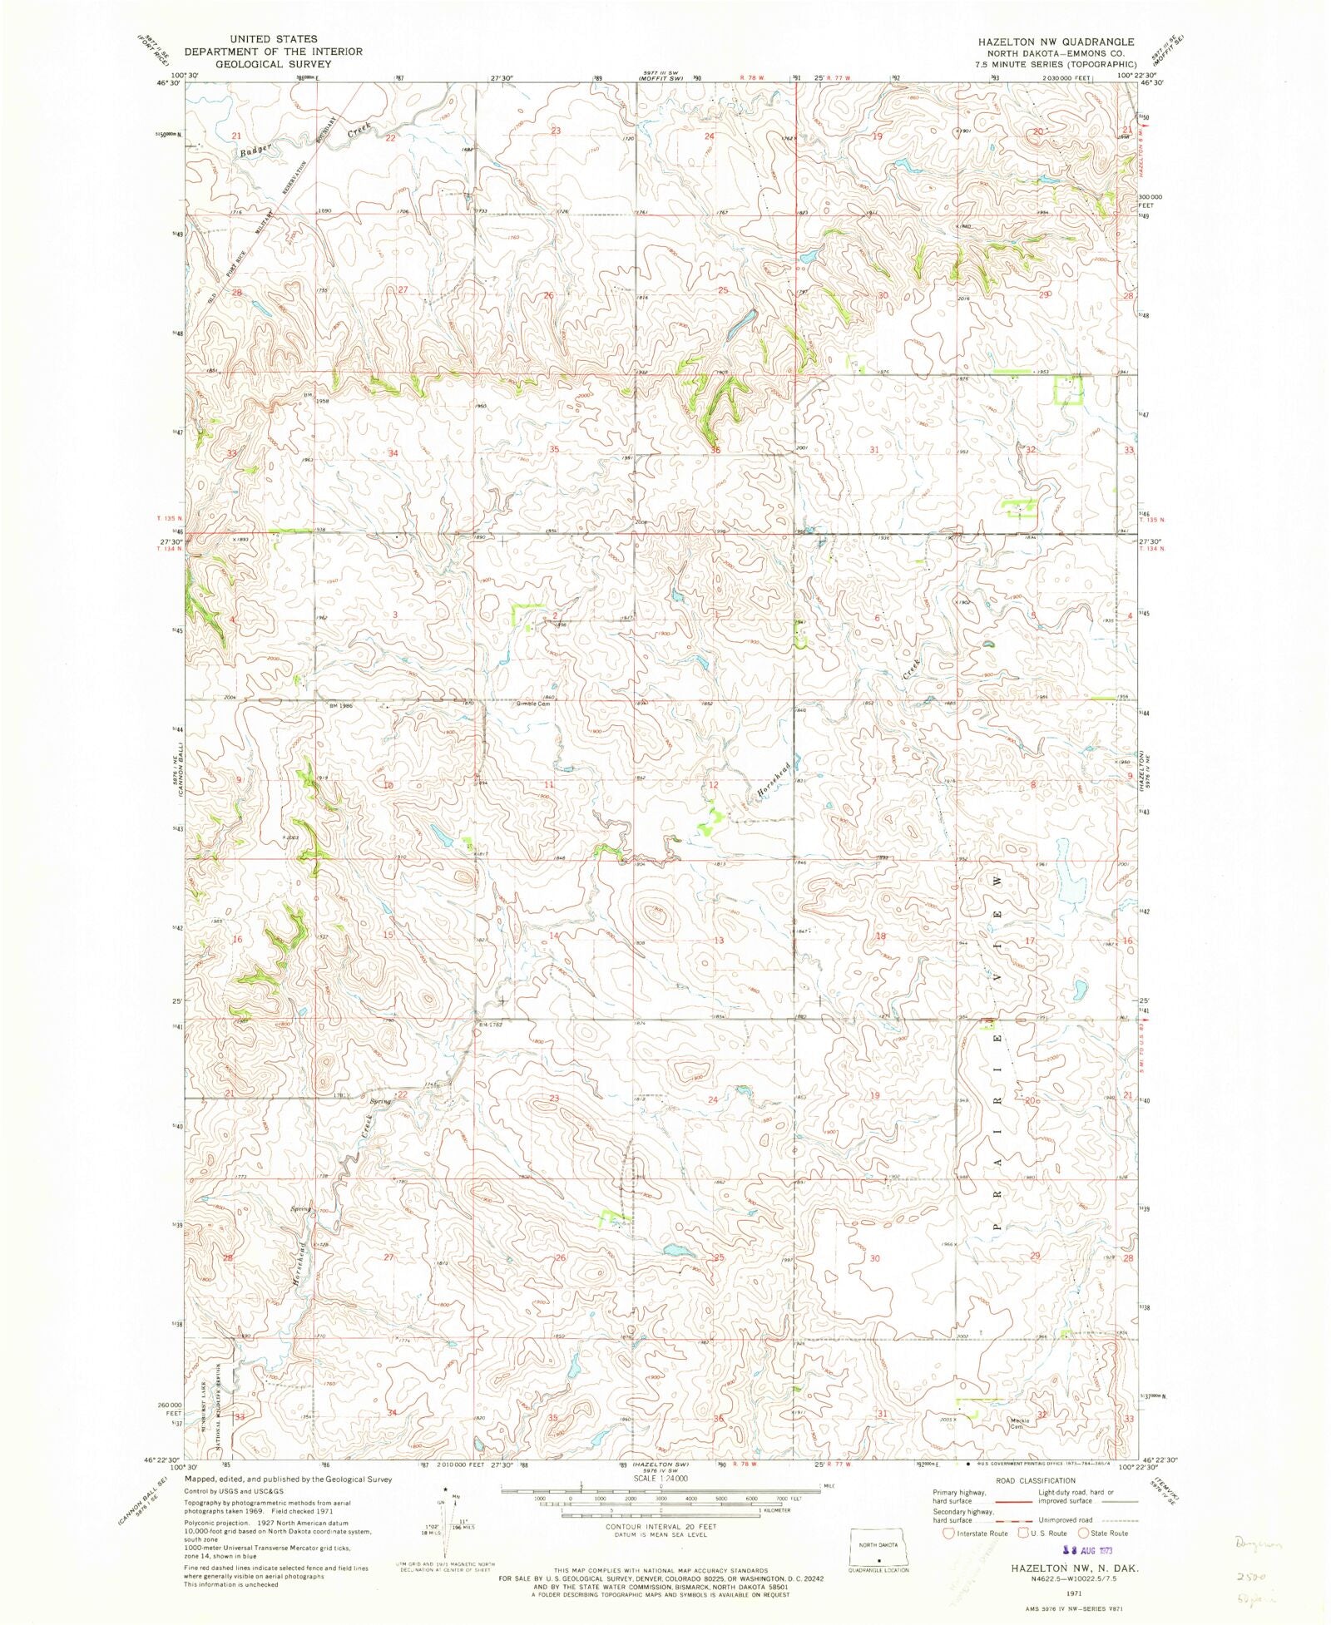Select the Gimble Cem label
[533, 704]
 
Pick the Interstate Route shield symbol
[948, 1533]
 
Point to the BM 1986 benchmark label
[341, 705]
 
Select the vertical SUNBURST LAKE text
[205, 1414]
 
